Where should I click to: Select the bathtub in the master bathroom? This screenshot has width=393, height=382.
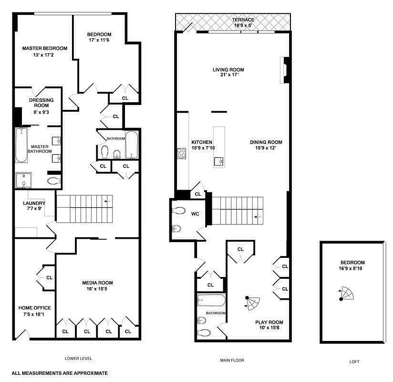click(x=21, y=145)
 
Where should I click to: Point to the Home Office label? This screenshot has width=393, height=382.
click(x=35, y=308)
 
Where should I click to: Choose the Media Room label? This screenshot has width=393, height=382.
click(x=97, y=283)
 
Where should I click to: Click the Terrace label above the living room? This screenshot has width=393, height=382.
click(x=243, y=20)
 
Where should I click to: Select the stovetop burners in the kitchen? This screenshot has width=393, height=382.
click(x=182, y=153)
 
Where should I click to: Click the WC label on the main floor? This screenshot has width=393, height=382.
click(x=195, y=214)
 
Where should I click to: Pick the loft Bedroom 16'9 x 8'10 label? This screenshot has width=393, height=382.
click(x=352, y=263)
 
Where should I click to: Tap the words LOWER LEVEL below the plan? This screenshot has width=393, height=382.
click(x=78, y=358)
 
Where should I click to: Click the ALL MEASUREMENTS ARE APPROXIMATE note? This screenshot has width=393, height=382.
click(x=60, y=373)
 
